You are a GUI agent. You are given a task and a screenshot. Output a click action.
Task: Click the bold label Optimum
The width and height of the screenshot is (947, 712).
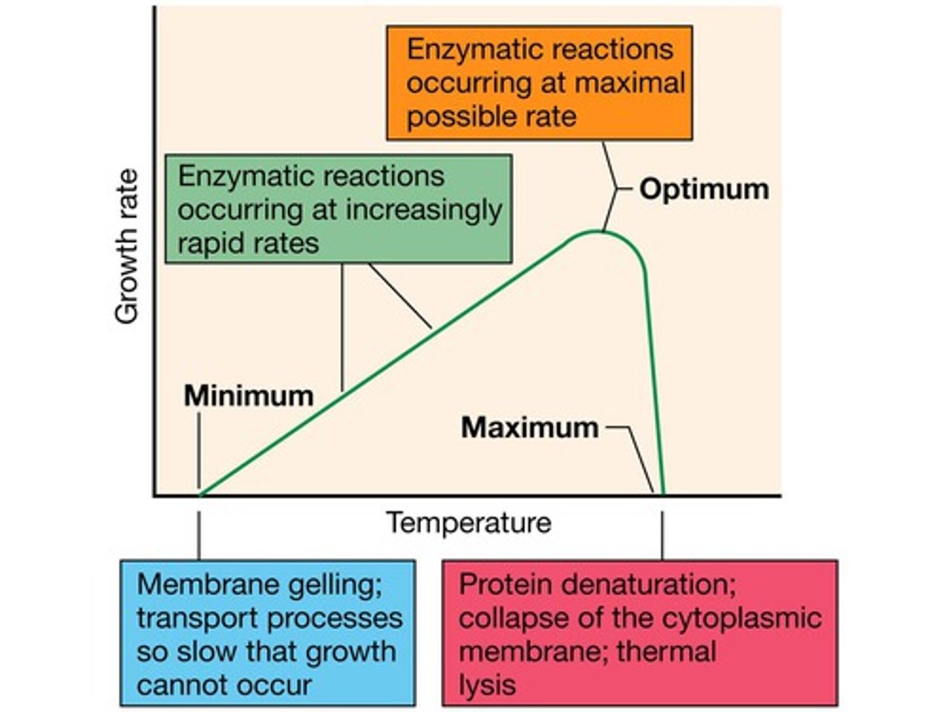point(704,189)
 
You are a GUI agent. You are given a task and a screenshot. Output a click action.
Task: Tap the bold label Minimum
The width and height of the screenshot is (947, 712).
point(249,395)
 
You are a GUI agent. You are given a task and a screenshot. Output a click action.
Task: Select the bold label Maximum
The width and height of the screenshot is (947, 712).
point(530,427)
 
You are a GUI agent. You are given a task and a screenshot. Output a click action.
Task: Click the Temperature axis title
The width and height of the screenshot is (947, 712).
point(468,522)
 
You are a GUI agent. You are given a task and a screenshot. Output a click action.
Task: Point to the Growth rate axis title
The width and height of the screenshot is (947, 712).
point(127,247)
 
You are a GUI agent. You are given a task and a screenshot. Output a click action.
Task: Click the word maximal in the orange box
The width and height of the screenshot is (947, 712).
point(629,83)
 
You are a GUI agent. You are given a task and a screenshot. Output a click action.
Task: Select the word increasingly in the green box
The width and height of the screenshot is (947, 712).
point(424,210)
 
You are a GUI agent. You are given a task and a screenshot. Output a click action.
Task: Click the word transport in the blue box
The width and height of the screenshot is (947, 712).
point(195,619)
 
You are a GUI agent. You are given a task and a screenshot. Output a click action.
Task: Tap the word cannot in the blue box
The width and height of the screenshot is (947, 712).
point(177,686)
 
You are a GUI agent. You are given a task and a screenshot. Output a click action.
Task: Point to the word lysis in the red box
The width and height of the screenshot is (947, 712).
point(487,686)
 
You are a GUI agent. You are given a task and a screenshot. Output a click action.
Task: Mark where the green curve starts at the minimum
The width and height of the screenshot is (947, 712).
point(201,494)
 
